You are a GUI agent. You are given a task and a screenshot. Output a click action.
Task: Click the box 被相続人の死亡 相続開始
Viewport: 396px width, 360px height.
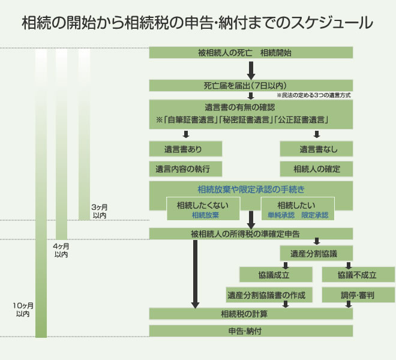tap(250, 53)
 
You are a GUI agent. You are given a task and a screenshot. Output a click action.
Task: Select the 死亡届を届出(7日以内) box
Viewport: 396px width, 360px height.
tap(250, 85)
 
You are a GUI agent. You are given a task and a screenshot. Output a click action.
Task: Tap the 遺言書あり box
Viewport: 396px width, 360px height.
tap(185, 148)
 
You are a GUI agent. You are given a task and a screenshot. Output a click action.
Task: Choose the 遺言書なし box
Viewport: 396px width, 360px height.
tap(316, 148)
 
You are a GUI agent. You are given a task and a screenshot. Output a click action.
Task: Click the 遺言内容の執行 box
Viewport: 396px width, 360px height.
tap(185, 168)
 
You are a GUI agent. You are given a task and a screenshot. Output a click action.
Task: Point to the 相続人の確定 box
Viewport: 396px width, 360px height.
tap(316, 168)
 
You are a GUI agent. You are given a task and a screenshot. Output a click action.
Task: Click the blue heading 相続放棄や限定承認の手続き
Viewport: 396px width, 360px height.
tap(251, 190)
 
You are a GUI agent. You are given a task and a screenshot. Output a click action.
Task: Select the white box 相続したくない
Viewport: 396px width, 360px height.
tap(205, 209)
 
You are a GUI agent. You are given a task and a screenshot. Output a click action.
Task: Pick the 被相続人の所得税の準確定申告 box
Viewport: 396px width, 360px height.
tap(250, 233)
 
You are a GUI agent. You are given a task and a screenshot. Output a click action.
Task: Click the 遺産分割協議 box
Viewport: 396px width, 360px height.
tap(316, 253)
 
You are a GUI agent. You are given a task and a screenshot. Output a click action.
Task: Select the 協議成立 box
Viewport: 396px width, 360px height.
tap(276, 275)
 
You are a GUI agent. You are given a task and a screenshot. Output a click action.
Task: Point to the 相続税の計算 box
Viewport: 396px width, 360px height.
tap(250, 314)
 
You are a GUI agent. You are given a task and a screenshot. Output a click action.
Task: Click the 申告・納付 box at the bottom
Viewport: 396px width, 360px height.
tap(250, 331)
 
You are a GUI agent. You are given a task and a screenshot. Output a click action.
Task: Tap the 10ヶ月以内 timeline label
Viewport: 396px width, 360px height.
tap(23, 310)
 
